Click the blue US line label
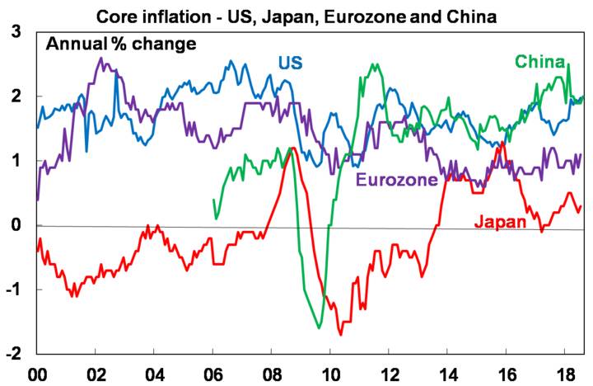click(290, 64)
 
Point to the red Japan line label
click(500, 222)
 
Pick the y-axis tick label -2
click(13, 353)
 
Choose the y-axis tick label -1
click(13, 289)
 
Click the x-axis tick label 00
click(37, 372)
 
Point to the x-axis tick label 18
click(563, 372)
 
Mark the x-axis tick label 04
click(154, 372)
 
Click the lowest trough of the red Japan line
click(340, 334)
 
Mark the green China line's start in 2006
click(213, 200)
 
